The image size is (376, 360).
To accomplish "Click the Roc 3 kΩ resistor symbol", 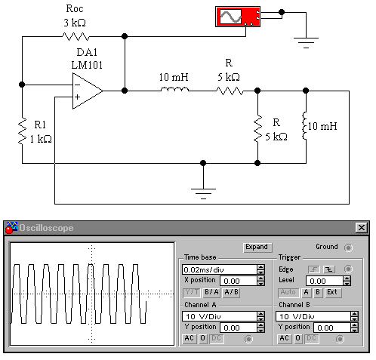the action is (x=76, y=36).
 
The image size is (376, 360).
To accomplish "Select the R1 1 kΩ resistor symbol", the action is (x=22, y=131).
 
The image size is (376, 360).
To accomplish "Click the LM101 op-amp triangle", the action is (x=88, y=91).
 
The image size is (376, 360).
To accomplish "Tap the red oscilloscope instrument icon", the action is (x=238, y=17).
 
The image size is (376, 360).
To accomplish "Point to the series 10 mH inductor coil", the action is (x=174, y=89).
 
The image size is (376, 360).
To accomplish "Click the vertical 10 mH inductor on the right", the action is (x=305, y=125).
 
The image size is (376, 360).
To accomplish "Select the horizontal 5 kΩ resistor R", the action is (x=230, y=91).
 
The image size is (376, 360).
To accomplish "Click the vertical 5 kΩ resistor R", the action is (x=257, y=129).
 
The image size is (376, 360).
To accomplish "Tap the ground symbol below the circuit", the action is (x=203, y=193).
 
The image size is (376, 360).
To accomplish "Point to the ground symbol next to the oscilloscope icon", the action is (x=306, y=42).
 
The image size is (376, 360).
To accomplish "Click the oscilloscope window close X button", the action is (x=362, y=228).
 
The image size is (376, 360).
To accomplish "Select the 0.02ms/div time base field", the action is (x=219, y=269).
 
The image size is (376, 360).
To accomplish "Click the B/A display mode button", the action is (x=211, y=292).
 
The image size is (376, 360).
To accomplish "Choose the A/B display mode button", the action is (x=231, y=292).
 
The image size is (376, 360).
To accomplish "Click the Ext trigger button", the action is (x=332, y=292).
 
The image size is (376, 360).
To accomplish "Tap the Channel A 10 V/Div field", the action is (x=219, y=316).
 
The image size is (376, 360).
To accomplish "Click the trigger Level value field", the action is (x=325, y=281).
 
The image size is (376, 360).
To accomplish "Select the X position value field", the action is (x=239, y=281).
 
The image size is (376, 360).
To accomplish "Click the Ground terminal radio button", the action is (x=348, y=248).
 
